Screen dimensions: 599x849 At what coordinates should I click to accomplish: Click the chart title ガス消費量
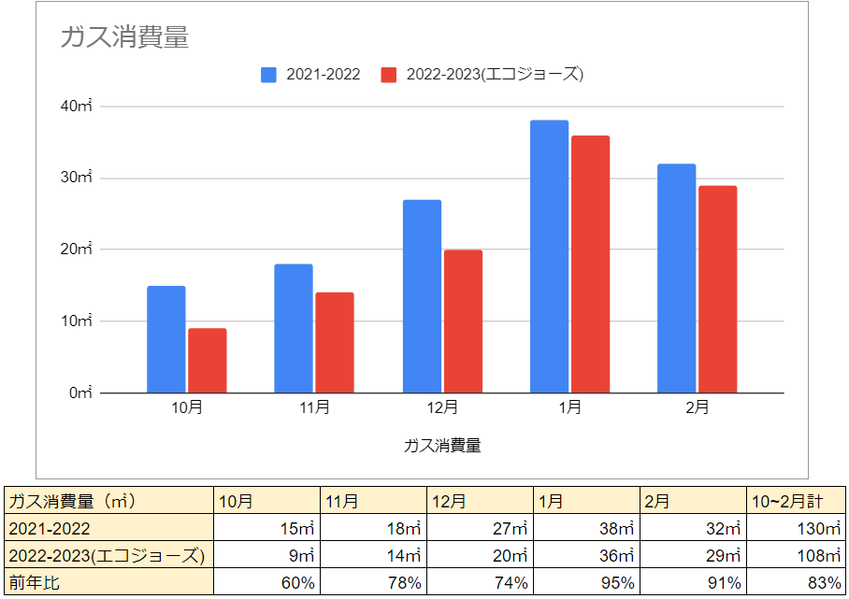[124, 37]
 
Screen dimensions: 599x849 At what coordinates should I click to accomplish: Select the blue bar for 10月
[166, 339]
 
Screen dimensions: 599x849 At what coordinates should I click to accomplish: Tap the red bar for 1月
[590, 264]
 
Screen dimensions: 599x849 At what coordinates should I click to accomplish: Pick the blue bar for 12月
[422, 296]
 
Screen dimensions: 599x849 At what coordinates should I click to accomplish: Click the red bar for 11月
[335, 343]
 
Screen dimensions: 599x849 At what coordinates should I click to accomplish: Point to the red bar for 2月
[717, 290]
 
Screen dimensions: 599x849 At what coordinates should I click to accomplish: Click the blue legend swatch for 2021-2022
[269, 75]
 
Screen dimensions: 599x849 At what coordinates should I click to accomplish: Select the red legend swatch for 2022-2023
[389, 75]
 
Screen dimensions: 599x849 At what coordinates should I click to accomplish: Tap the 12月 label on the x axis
[442, 407]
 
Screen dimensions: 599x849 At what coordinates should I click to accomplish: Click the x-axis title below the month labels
[442, 446]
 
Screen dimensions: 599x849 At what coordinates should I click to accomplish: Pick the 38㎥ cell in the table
[588, 529]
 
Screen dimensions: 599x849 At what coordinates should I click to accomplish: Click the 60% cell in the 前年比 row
[267, 583]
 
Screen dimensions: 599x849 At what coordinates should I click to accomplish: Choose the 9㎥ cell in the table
[267, 556]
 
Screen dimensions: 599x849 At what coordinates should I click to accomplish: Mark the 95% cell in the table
[588, 583]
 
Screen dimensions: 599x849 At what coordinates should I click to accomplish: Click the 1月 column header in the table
[588, 502]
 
